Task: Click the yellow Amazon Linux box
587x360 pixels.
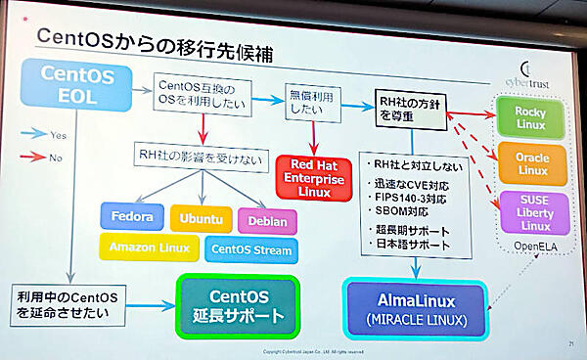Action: (148, 248)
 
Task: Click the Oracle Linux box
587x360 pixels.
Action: (531, 163)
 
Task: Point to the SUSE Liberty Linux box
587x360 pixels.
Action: (531, 211)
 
